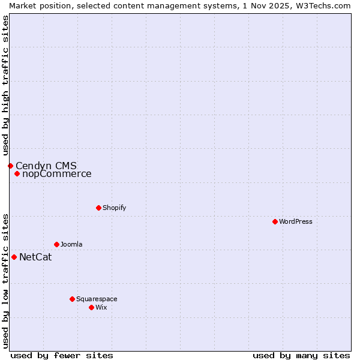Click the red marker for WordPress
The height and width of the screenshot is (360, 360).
point(275,221)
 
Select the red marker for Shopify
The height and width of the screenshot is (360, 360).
point(98,208)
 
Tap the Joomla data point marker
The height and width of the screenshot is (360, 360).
point(56,244)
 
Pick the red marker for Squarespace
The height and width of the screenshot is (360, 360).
point(72,299)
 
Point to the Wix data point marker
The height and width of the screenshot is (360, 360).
point(91,307)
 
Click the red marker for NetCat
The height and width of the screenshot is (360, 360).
point(14,257)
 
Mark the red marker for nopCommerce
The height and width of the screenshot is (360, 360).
point(17,174)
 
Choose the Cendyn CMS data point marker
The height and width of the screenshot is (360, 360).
point(10,166)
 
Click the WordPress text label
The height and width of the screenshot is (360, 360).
point(295,221)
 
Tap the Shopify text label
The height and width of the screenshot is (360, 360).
point(114,208)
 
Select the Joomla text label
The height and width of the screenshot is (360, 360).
point(71,244)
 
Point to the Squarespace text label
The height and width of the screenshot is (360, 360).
point(97,299)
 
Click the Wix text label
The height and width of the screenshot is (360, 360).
point(101,307)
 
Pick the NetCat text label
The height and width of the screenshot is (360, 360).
point(35,257)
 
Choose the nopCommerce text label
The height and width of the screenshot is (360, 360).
point(57,174)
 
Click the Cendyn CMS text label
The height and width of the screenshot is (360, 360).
point(46,166)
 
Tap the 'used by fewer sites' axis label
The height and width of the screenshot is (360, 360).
point(62,355)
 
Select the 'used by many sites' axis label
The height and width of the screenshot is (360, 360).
point(301,355)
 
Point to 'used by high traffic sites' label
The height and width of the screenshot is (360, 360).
point(5,82)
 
